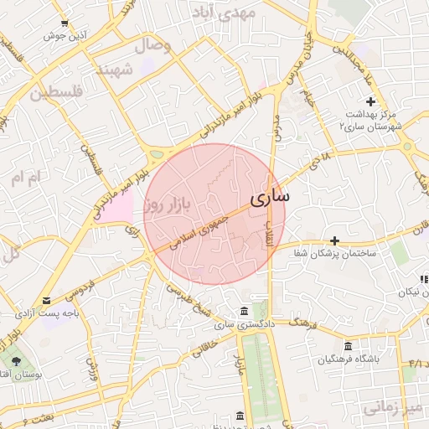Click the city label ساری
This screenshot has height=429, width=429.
pyautogui.click(x=269, y=197)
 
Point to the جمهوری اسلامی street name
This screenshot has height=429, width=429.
pyautogui.click(x=200, y=233)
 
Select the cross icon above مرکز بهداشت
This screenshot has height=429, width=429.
pyautogui.click(x=371, y=101)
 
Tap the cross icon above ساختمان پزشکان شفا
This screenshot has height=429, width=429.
pyautogui.click(x=334, y=240)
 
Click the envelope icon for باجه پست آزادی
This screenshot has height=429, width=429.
pyautogui.click(x=46, y=300)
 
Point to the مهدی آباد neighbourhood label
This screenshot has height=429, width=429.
pyautogui.click(x=223, y=13)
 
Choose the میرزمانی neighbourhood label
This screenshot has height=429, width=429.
pyautogui.click(x=395, y=407)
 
